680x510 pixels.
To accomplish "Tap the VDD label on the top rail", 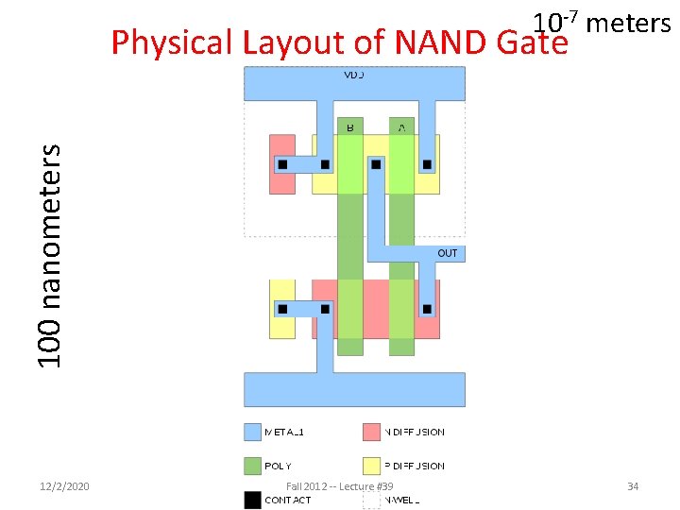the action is pyautogui.click(x=354, y=73).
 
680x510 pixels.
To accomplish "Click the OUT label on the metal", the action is pyautogui.click(x=448, y=253).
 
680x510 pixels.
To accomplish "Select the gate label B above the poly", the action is pyautogui.click(x=350, y=126).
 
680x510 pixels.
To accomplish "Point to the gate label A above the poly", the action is pyautogui.click(x=402, y=126).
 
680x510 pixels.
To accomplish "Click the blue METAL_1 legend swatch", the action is pyautogui.click(x=253, y=432).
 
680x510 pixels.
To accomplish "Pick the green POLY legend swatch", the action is pyautogui.click(x=253, y=466).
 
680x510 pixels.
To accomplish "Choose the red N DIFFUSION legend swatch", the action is pyautogui.click(x=371, y=432).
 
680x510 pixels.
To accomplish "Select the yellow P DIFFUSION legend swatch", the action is pyautogui.click(x=371, y=466).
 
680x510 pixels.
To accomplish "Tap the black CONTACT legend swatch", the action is pyautogui.click(x=253, y=500).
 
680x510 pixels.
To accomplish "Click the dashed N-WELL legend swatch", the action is pyautogui.click(x=371, y=500).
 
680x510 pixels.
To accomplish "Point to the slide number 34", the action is pyautogui.click(x=633, y=486).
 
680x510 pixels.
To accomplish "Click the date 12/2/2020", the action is pyautogui.click(x=66, y=486).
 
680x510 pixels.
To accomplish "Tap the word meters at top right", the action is pyautogui.click(x=628, y=23).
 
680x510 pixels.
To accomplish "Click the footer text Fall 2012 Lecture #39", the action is pyautogui.click(x=338, y=486).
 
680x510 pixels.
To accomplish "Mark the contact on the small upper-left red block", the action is pyautogui.click(x=282, y=164).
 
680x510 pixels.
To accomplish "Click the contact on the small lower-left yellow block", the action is pyautogui.click(x=282, y=309).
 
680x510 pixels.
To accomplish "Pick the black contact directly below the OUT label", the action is pyautogui.click(x=427, y=309).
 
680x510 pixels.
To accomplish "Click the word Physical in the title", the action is pyautogui.click(x=172, y=42).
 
